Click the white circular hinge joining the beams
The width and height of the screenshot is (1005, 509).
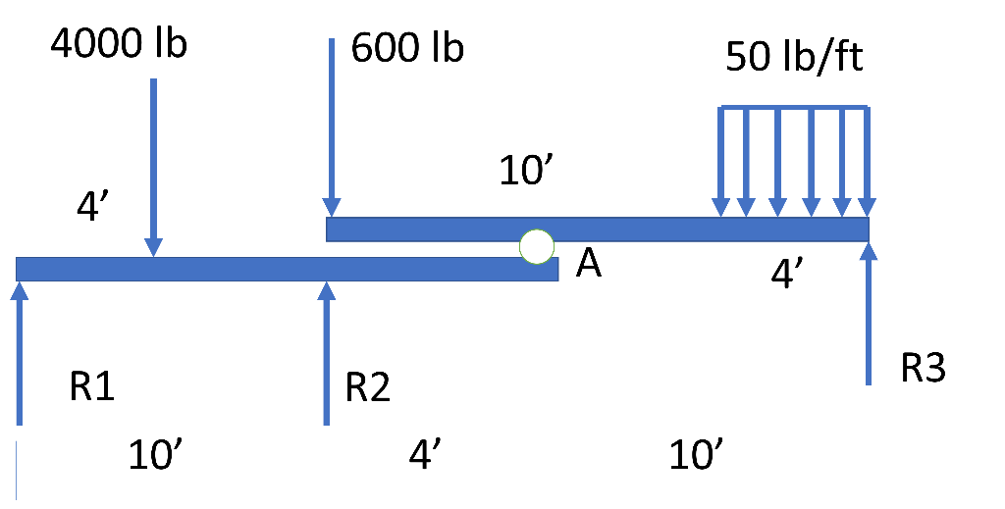click(537, 246)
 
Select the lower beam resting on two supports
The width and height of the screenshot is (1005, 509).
click(245, 269)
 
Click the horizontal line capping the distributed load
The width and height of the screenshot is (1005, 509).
click(793, 107)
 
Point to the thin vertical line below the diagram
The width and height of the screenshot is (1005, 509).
click(16, 471)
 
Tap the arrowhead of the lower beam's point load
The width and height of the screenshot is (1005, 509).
click(153, 247)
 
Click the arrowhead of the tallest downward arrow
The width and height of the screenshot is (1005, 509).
click(332, 207)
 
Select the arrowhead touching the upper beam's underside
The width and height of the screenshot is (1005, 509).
click(869, 251)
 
